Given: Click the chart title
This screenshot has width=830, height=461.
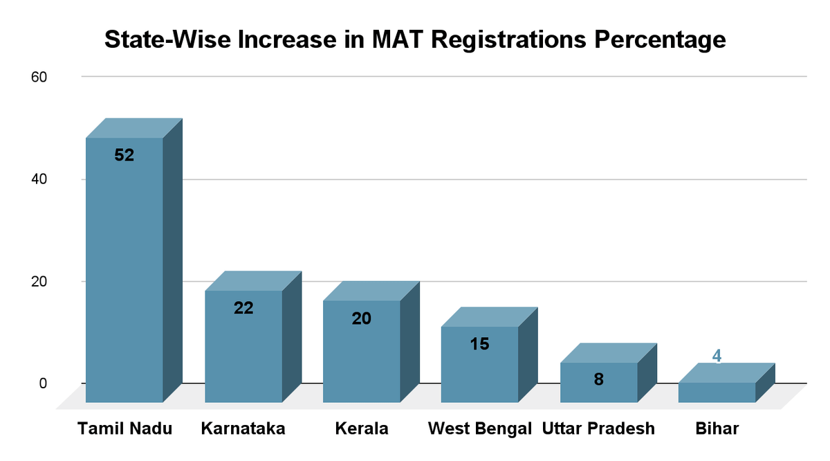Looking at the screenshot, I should [x=415, y=39].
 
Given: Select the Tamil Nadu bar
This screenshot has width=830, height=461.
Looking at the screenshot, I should [x=124, y=270].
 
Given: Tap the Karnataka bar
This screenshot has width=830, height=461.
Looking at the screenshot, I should [x=243, y=346].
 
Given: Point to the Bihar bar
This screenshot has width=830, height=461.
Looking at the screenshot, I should [x=717, y=392].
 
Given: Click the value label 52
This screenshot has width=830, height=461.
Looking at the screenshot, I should [x=124, y=156].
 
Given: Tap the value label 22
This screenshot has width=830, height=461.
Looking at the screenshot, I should [x=243, y=308].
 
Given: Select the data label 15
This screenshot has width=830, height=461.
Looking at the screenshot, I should [x=480, y=343].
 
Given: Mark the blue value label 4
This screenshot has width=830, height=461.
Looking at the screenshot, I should [x=717, y=356].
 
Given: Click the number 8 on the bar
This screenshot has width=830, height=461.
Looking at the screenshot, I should [x=599, y=379].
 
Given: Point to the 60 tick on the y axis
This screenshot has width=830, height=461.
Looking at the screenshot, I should [x=39, y=77].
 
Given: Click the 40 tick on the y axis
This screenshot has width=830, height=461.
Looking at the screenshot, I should [x=39, y=179].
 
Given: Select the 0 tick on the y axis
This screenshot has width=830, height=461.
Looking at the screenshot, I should [x=42, y=383].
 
